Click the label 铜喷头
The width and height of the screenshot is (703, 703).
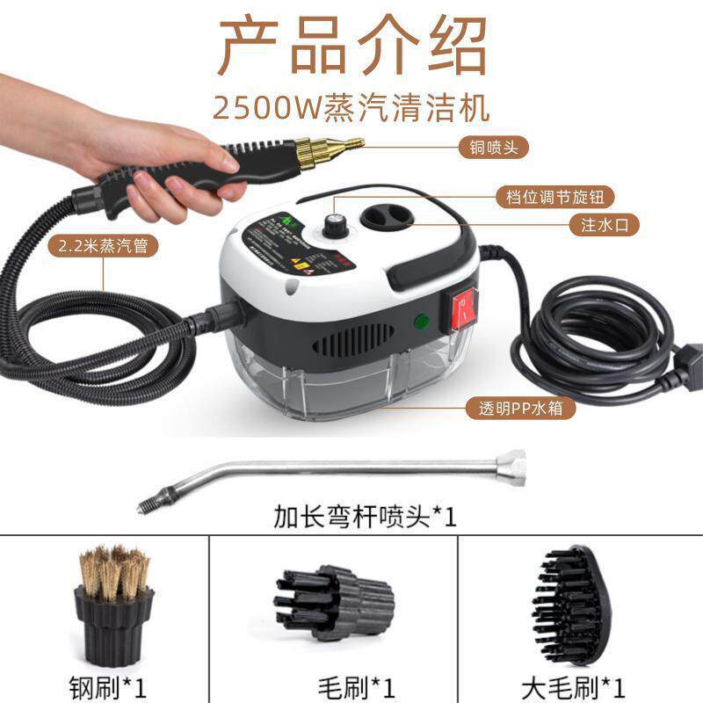click(x=495, y=148)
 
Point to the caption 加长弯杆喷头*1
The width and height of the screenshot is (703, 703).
click(x=351, y=516)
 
